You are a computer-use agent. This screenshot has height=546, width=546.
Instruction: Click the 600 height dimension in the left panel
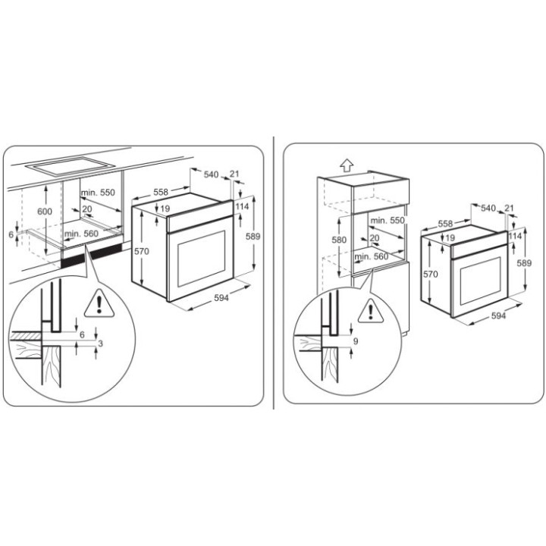tap(45, 211)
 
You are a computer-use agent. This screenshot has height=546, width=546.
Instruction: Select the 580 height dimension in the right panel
tap(339, 240)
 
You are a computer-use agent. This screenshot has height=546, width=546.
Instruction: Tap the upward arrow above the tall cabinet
tap(347, 165)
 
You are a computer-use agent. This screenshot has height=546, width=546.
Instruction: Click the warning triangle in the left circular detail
tap(99, 304)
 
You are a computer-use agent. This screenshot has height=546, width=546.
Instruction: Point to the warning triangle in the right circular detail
tap(371, 311)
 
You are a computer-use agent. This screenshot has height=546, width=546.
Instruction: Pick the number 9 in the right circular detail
tap(356, 341)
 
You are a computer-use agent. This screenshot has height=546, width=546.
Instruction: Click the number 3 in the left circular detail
tap(101, 344)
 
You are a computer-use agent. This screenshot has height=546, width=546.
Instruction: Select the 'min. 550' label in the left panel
tap(98, 192)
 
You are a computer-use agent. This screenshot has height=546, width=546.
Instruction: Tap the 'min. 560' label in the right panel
tap(371, 256)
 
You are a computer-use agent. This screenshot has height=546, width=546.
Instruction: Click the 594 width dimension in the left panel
tap(221, 298)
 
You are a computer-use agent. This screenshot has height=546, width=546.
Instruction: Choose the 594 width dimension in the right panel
tap(498, 315)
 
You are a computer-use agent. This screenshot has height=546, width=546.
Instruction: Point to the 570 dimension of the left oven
tap(142, 251)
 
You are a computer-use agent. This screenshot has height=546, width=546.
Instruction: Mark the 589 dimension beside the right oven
tap(524, 263)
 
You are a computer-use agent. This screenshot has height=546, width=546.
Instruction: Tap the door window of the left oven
tap(202, 259)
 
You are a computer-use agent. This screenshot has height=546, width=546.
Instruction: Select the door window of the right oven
tap(481, 281)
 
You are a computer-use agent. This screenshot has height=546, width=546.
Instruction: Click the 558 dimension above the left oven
tap(161, 192)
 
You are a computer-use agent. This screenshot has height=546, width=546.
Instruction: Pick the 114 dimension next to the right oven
tap(515, 236)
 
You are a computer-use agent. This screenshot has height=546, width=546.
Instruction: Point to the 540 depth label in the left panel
tap(211, 174)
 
